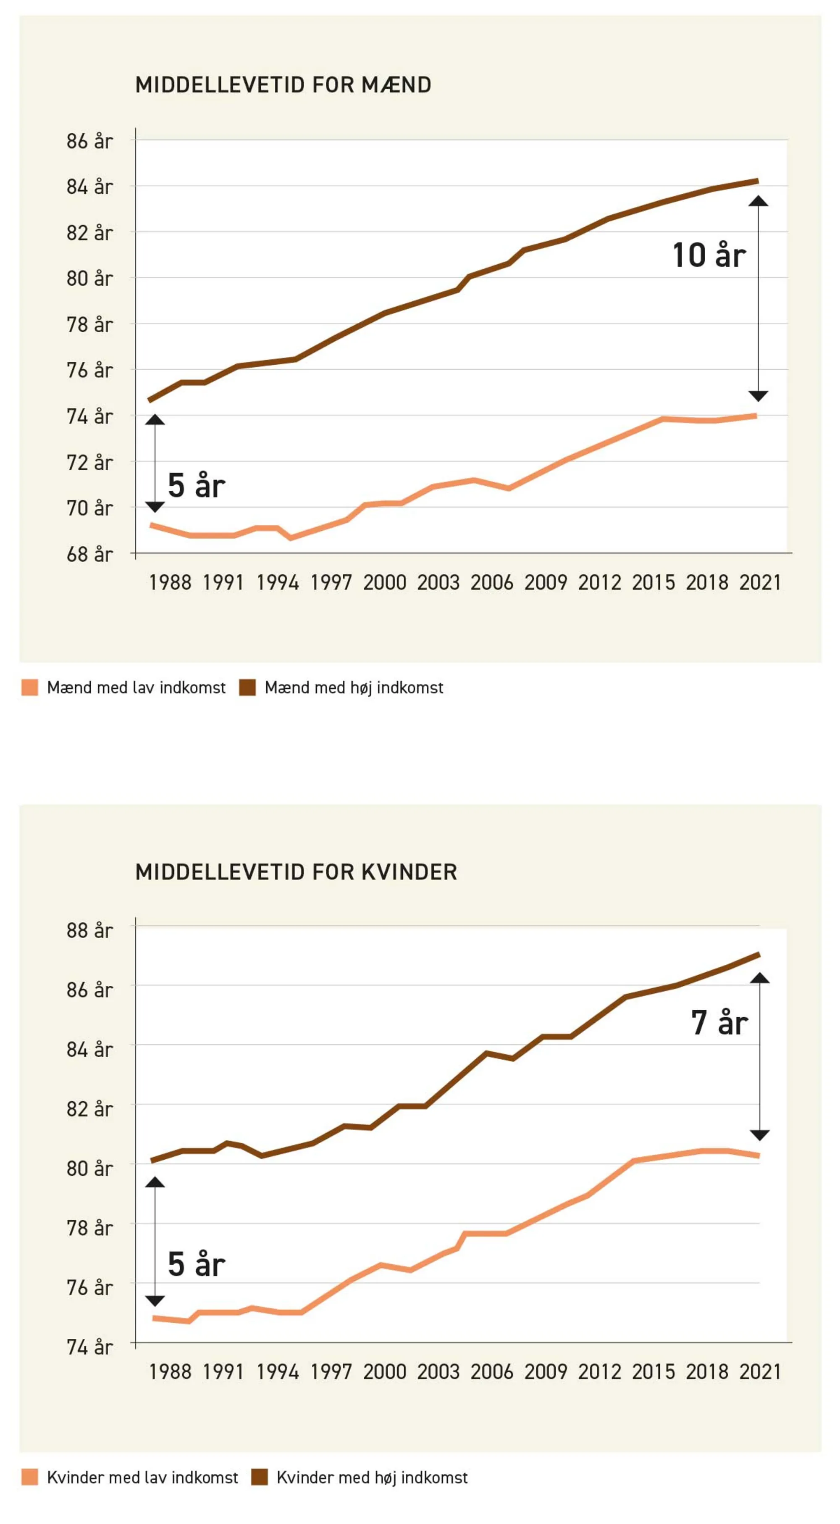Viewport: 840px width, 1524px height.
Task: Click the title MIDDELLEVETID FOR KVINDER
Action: tap(296, 872)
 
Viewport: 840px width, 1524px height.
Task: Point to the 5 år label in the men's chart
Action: tap(196, 486)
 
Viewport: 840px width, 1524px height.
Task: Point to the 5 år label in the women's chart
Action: tap(196, 1264)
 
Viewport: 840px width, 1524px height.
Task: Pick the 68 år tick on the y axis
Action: tap(89, 554)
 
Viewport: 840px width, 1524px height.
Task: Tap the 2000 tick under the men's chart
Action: tap(384, 583)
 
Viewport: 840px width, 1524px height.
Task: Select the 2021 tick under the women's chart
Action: tap(760, 1372)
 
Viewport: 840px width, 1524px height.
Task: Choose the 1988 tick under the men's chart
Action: tap(170, 583)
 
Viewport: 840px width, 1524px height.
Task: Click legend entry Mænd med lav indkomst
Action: tap(136, 687)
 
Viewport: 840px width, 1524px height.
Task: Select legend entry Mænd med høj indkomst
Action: tap(354, 687)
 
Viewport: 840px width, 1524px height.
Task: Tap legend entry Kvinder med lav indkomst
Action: tap(142, 1477)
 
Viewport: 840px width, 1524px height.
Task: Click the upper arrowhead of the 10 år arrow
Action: tap(759, 202)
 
